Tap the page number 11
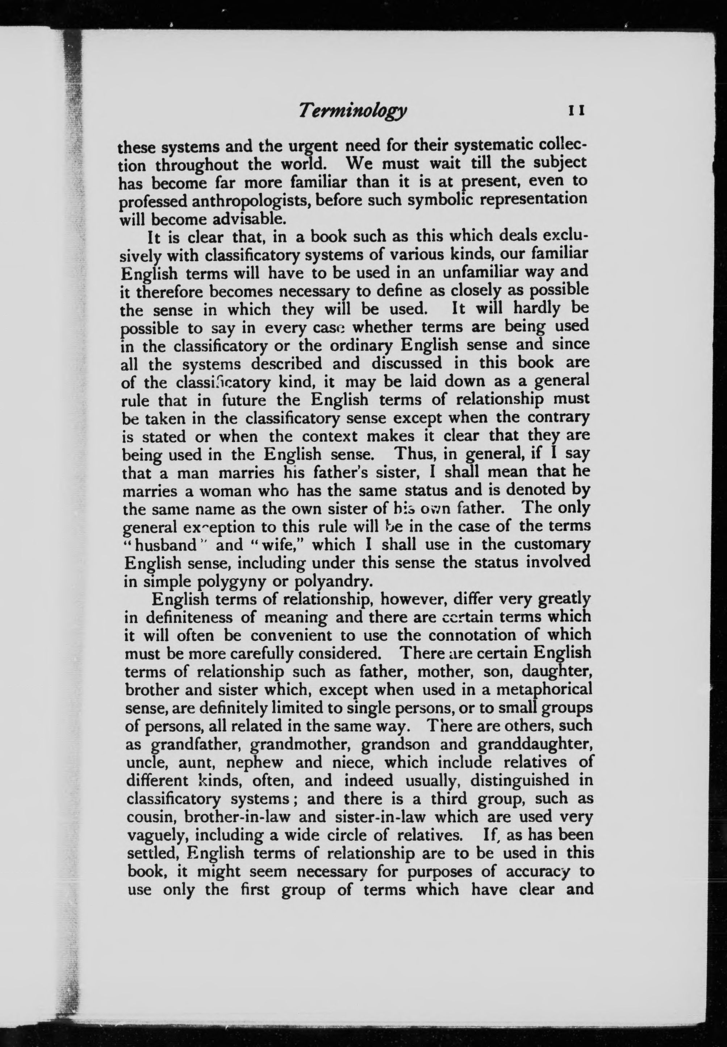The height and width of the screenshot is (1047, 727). coord(575,110)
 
